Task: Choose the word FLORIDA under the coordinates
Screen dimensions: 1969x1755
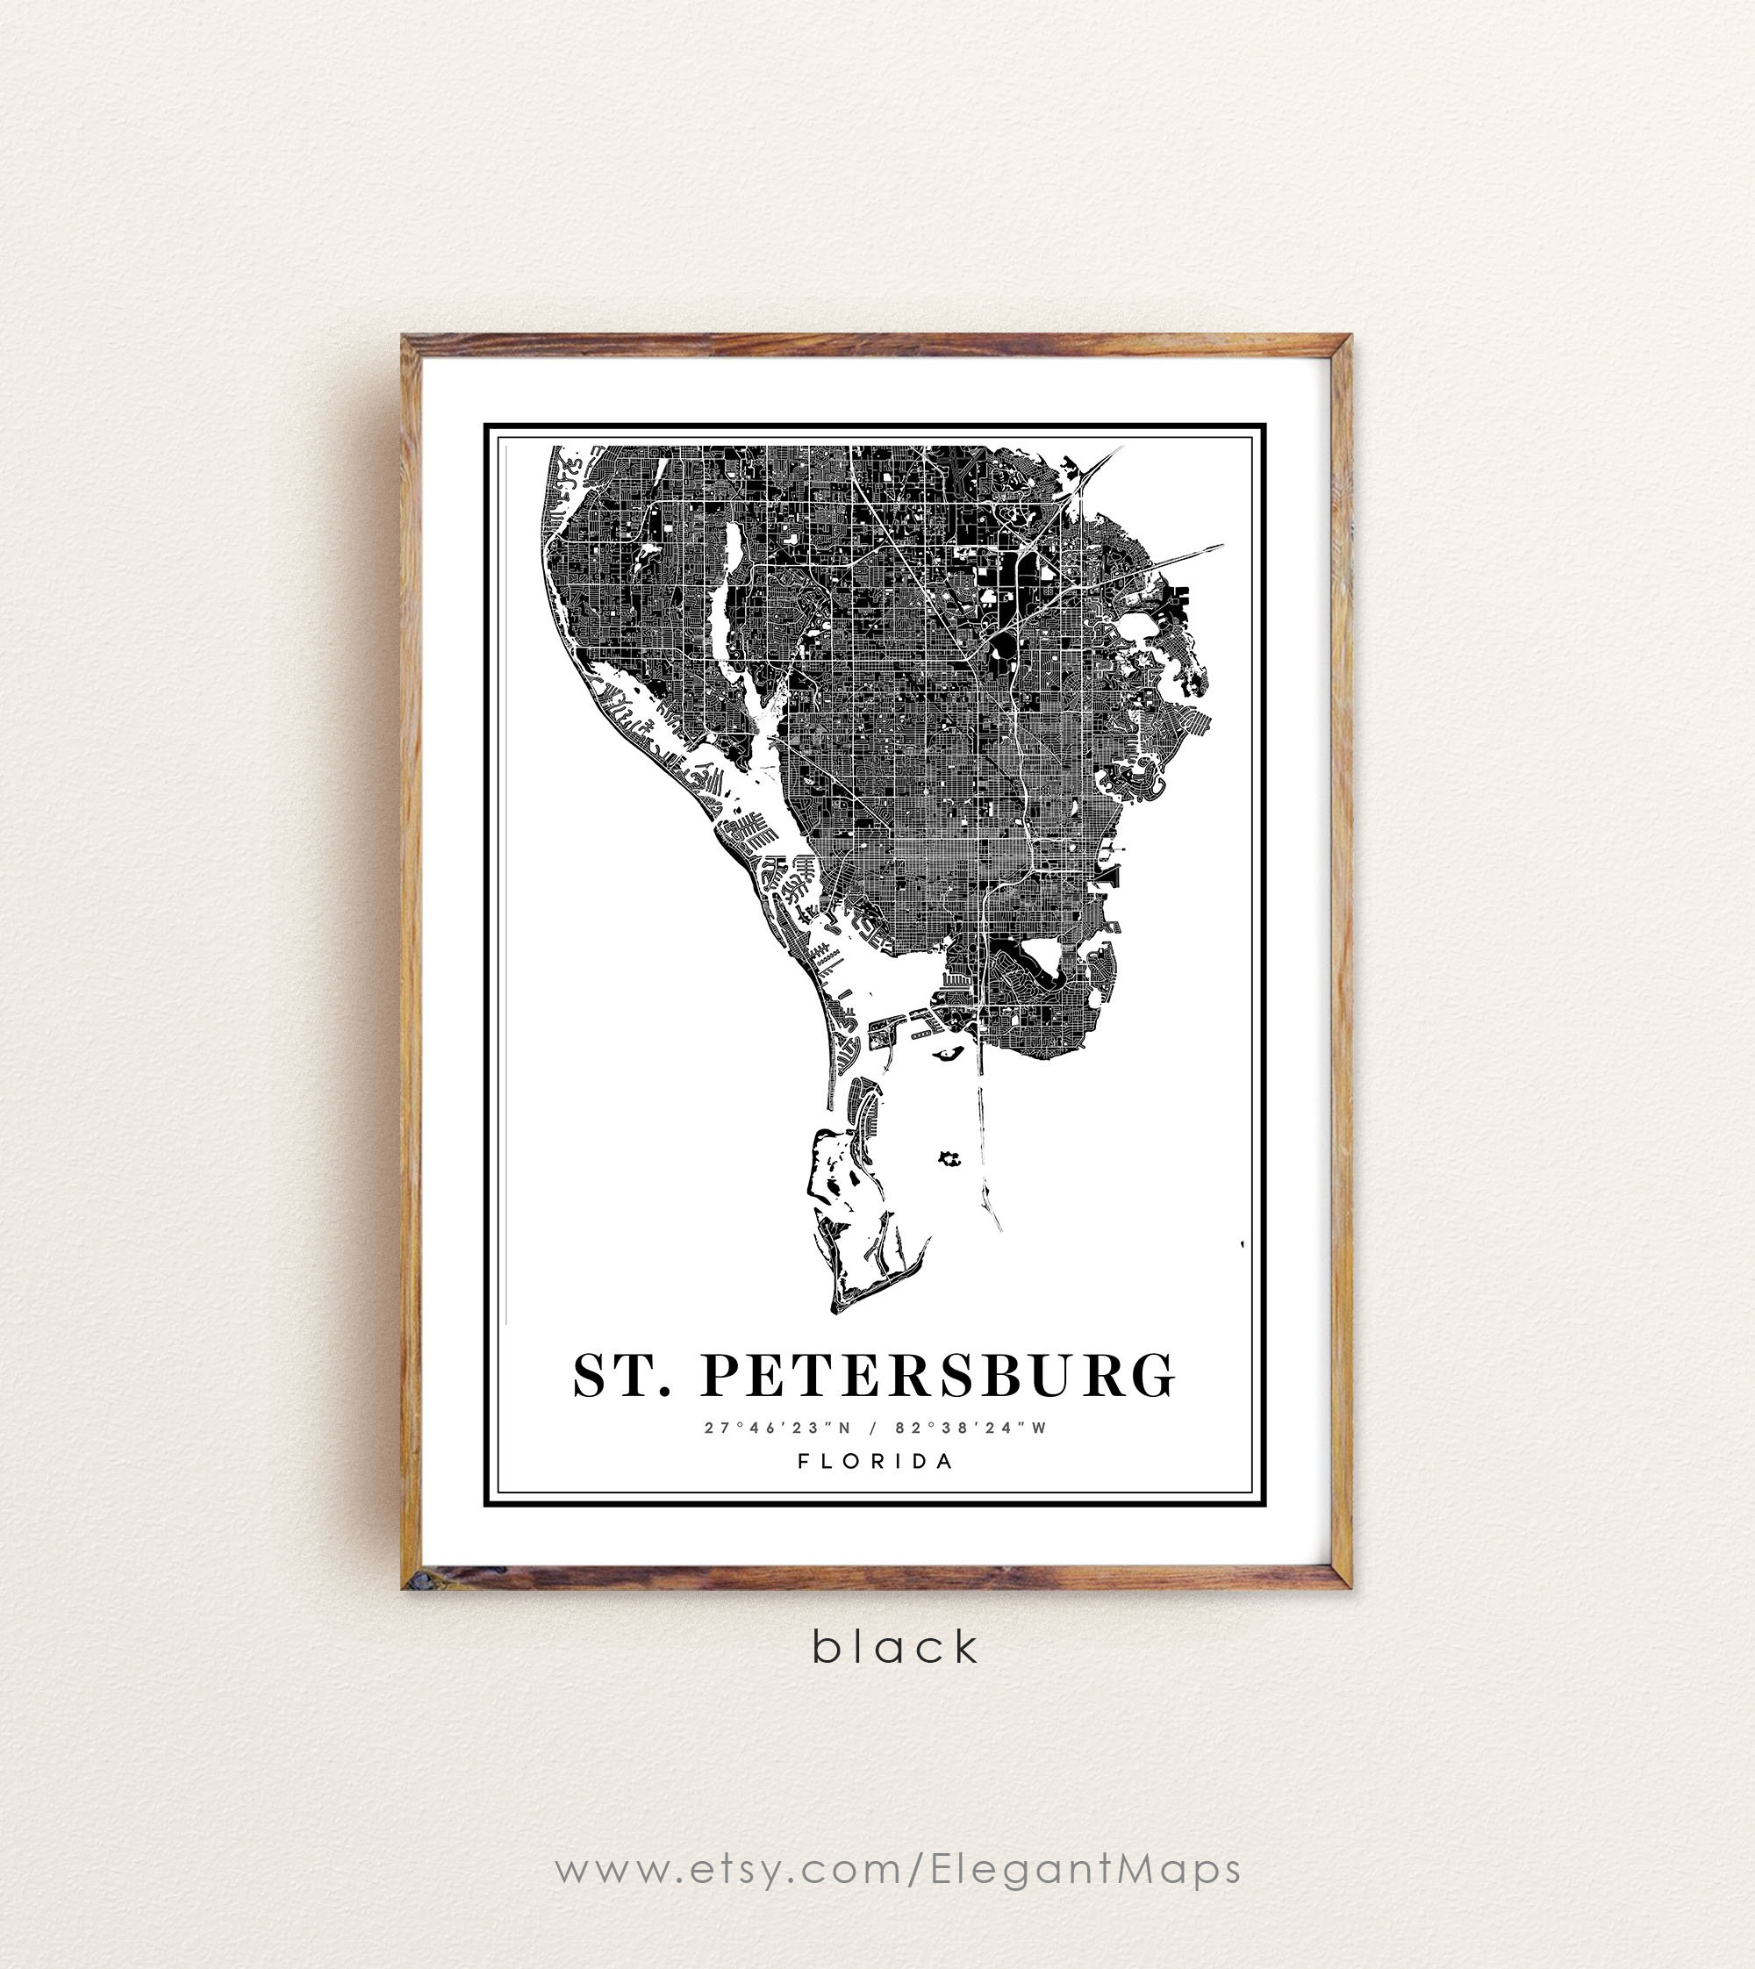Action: point(876,1461)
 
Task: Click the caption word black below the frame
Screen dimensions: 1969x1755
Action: point(896,1647)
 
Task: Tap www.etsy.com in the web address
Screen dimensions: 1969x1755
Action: point(727,1870)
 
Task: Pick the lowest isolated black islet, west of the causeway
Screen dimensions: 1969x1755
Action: point(949,1158)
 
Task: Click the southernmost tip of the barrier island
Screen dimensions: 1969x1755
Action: point(837,1309)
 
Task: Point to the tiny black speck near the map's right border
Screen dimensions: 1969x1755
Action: point(1242,1245)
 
